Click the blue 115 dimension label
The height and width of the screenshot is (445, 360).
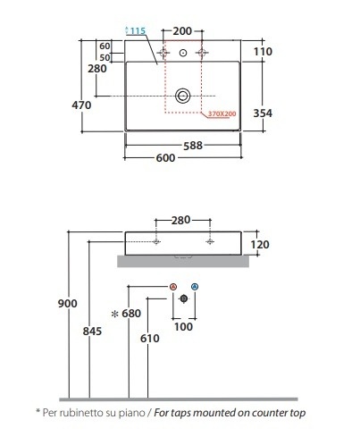[138, 30]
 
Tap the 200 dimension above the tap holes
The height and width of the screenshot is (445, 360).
[182, 31]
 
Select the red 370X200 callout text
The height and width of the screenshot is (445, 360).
[222, 113]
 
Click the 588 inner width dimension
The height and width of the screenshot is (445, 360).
[193, 146]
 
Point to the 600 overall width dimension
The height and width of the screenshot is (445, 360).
[165, 158]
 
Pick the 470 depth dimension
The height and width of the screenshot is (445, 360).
[81, 105]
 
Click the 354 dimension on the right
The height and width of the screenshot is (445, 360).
[263, 113]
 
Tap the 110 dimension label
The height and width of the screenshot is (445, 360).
[263, 52]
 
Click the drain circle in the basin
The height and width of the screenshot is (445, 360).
[183, 96]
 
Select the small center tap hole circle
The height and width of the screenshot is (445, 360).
[183, 53]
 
